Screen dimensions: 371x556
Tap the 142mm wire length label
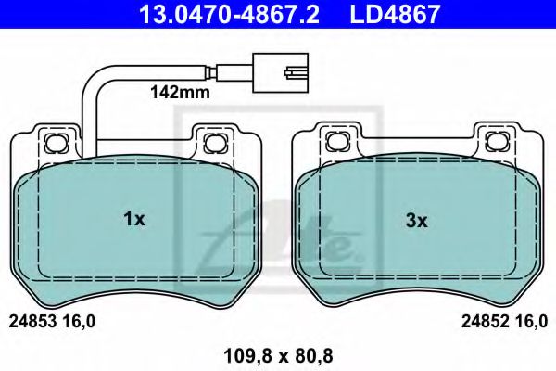[x=181, y=93]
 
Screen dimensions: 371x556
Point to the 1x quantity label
[x=134, y=220]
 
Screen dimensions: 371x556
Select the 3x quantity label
[x=416, y=220]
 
